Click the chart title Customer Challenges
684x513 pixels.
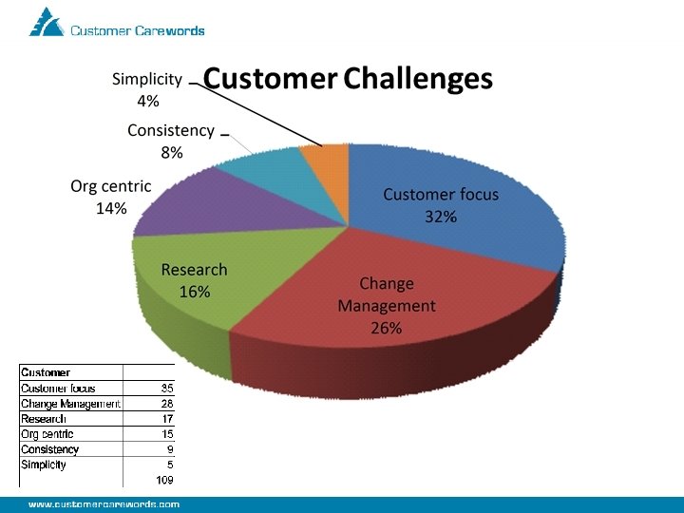pyautogui.click(x=348, y=78)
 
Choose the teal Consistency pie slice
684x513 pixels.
pyautogui.click(x=261, y=166)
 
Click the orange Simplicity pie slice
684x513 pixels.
pyautogui.click(x=325, y=158)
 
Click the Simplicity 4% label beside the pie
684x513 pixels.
pyautogui.click(x=147, y=89)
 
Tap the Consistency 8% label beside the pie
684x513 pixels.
pyautogui.click(x=171, y=141)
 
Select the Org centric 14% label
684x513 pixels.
pyautogui.click(x=110, y=197)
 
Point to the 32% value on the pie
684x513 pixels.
pyautogui.click(x=440, y=217)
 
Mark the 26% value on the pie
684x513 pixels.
pyautogui.click(x=386, y=328)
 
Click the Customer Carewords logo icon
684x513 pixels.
pyautogui.click(x=47, y=22)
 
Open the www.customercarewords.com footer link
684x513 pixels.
pyautogui.click(x=104, y=504)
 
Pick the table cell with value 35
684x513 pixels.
pyautogui.click(x=167, y=388)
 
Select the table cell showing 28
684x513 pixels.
pyautogui.click(x=167, y=404)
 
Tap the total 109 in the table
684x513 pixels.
pyautogui.click(x=164, y=480)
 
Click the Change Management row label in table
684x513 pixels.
pyautogui.click(x=70, y=404)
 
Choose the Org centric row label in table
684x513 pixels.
pyautogui.click(x=47, y=434)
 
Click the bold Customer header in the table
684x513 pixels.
pyautogui.click(x=46, y=372)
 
